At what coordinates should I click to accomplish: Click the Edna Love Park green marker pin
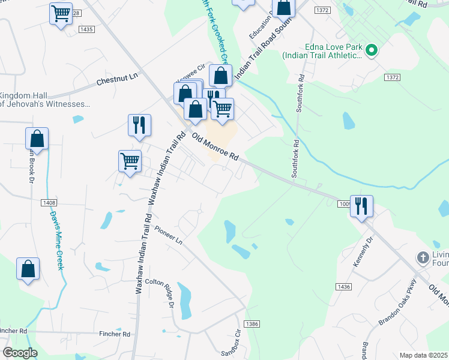[x=371, y=51]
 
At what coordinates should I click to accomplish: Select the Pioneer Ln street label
[x=168, y=235]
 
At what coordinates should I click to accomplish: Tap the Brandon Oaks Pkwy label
[x=397, y=304]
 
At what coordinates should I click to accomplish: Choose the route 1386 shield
[x=252, y=323]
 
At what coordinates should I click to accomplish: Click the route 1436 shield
[x=343, y=287]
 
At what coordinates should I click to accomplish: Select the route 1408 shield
[x=50, y=203]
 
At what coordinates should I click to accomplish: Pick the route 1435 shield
[x=86, y=29]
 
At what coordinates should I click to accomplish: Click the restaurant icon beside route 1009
[x=361, y=206]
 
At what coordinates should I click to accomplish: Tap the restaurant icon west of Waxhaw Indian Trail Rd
[x=139, y=125]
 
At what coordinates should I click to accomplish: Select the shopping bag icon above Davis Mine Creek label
[x=37, y=138]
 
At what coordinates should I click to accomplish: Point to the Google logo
[x=20, y=353]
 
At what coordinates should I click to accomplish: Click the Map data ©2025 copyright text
[x=423, y=355]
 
